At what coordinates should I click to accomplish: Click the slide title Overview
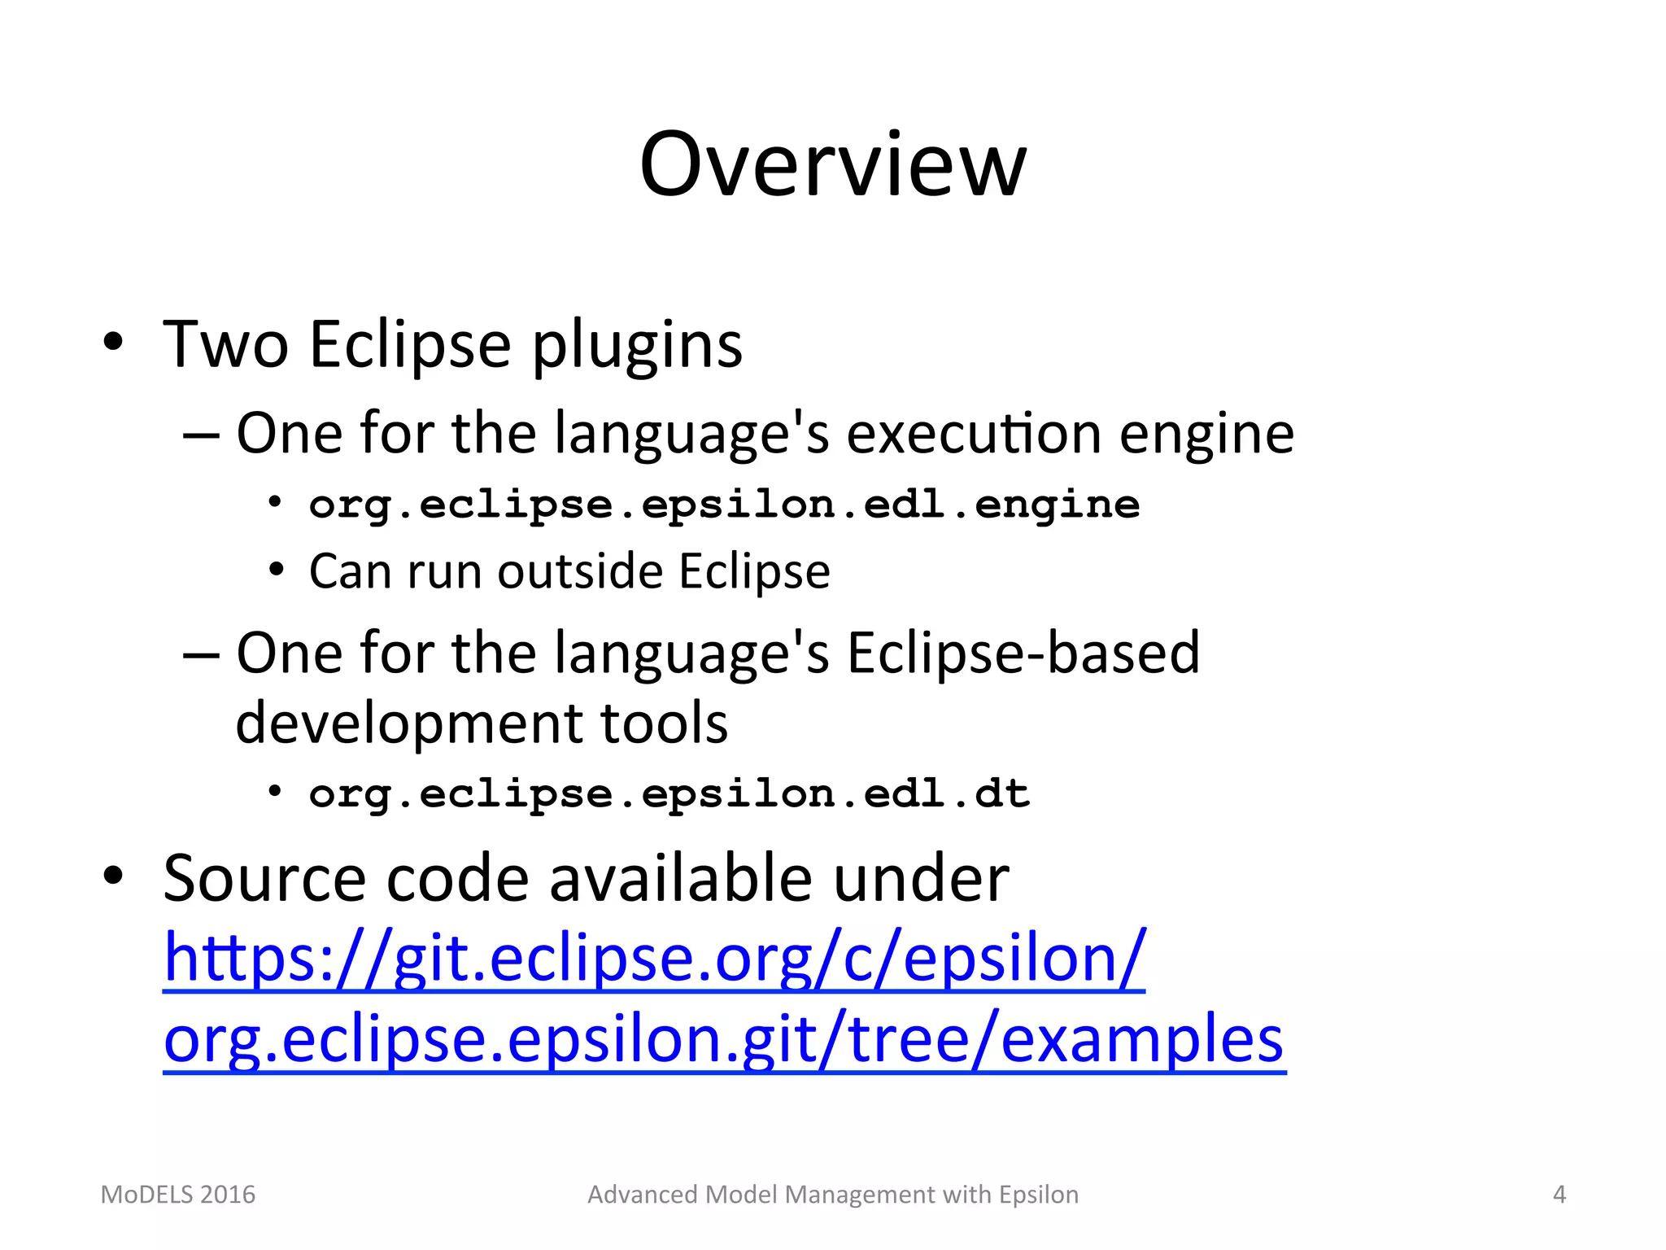pos(833,165)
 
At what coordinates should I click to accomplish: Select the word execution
pos(974,433)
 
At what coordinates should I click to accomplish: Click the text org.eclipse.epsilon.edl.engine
pos(724,505)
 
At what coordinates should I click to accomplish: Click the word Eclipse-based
pos(1023,653)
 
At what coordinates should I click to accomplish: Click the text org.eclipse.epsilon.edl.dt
pos(669,794)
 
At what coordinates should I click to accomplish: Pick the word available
pos(681,879)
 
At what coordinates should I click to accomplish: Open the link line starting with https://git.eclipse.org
pos(654,959)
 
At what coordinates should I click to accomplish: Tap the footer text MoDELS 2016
pos(177,1195)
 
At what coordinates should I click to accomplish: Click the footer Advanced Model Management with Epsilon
pos(833,1195)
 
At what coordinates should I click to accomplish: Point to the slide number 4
pos(1559,1195)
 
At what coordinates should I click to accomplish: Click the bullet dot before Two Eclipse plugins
pos(113,342)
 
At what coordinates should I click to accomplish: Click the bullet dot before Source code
pos(113,876)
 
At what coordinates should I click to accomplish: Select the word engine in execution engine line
pos(1206,435)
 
